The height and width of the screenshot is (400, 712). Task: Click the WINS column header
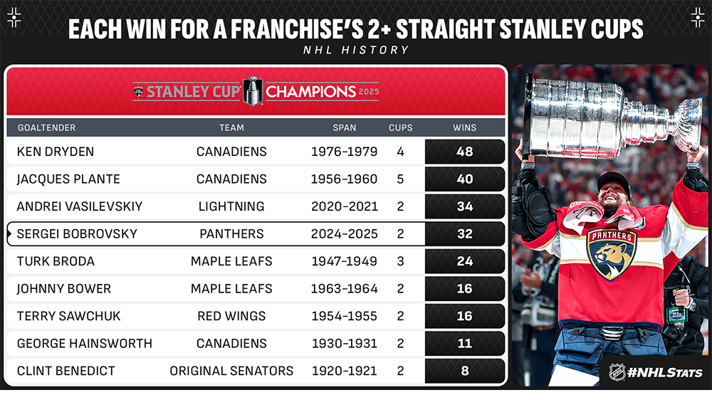(464, 127)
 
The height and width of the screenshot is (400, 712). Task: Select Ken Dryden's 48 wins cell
(464, 151)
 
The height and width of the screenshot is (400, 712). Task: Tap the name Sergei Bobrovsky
(77, 234)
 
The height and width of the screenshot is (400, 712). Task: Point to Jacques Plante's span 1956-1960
(344, 179)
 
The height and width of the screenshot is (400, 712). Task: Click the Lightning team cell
(231, 206)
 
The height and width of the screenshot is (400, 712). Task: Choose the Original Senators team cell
(231, 371)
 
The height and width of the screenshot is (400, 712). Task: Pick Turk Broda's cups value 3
(400, 261)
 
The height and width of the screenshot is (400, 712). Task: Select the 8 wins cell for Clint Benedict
(464, 371)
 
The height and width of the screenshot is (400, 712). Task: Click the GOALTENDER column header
(47, 127)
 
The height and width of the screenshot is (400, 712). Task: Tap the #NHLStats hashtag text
(665, 373)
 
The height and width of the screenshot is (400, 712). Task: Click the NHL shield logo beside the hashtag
(617, 372)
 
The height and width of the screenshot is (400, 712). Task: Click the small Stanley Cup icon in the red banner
(253, 91)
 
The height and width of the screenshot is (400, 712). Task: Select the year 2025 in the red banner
(369, 92)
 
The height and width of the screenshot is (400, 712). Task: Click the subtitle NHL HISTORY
(356, 50)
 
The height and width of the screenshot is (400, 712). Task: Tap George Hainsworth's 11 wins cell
(464, 343)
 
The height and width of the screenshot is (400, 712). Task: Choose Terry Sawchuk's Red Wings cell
(231, 316)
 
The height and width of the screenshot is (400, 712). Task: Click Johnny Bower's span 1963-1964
(344, 289)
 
